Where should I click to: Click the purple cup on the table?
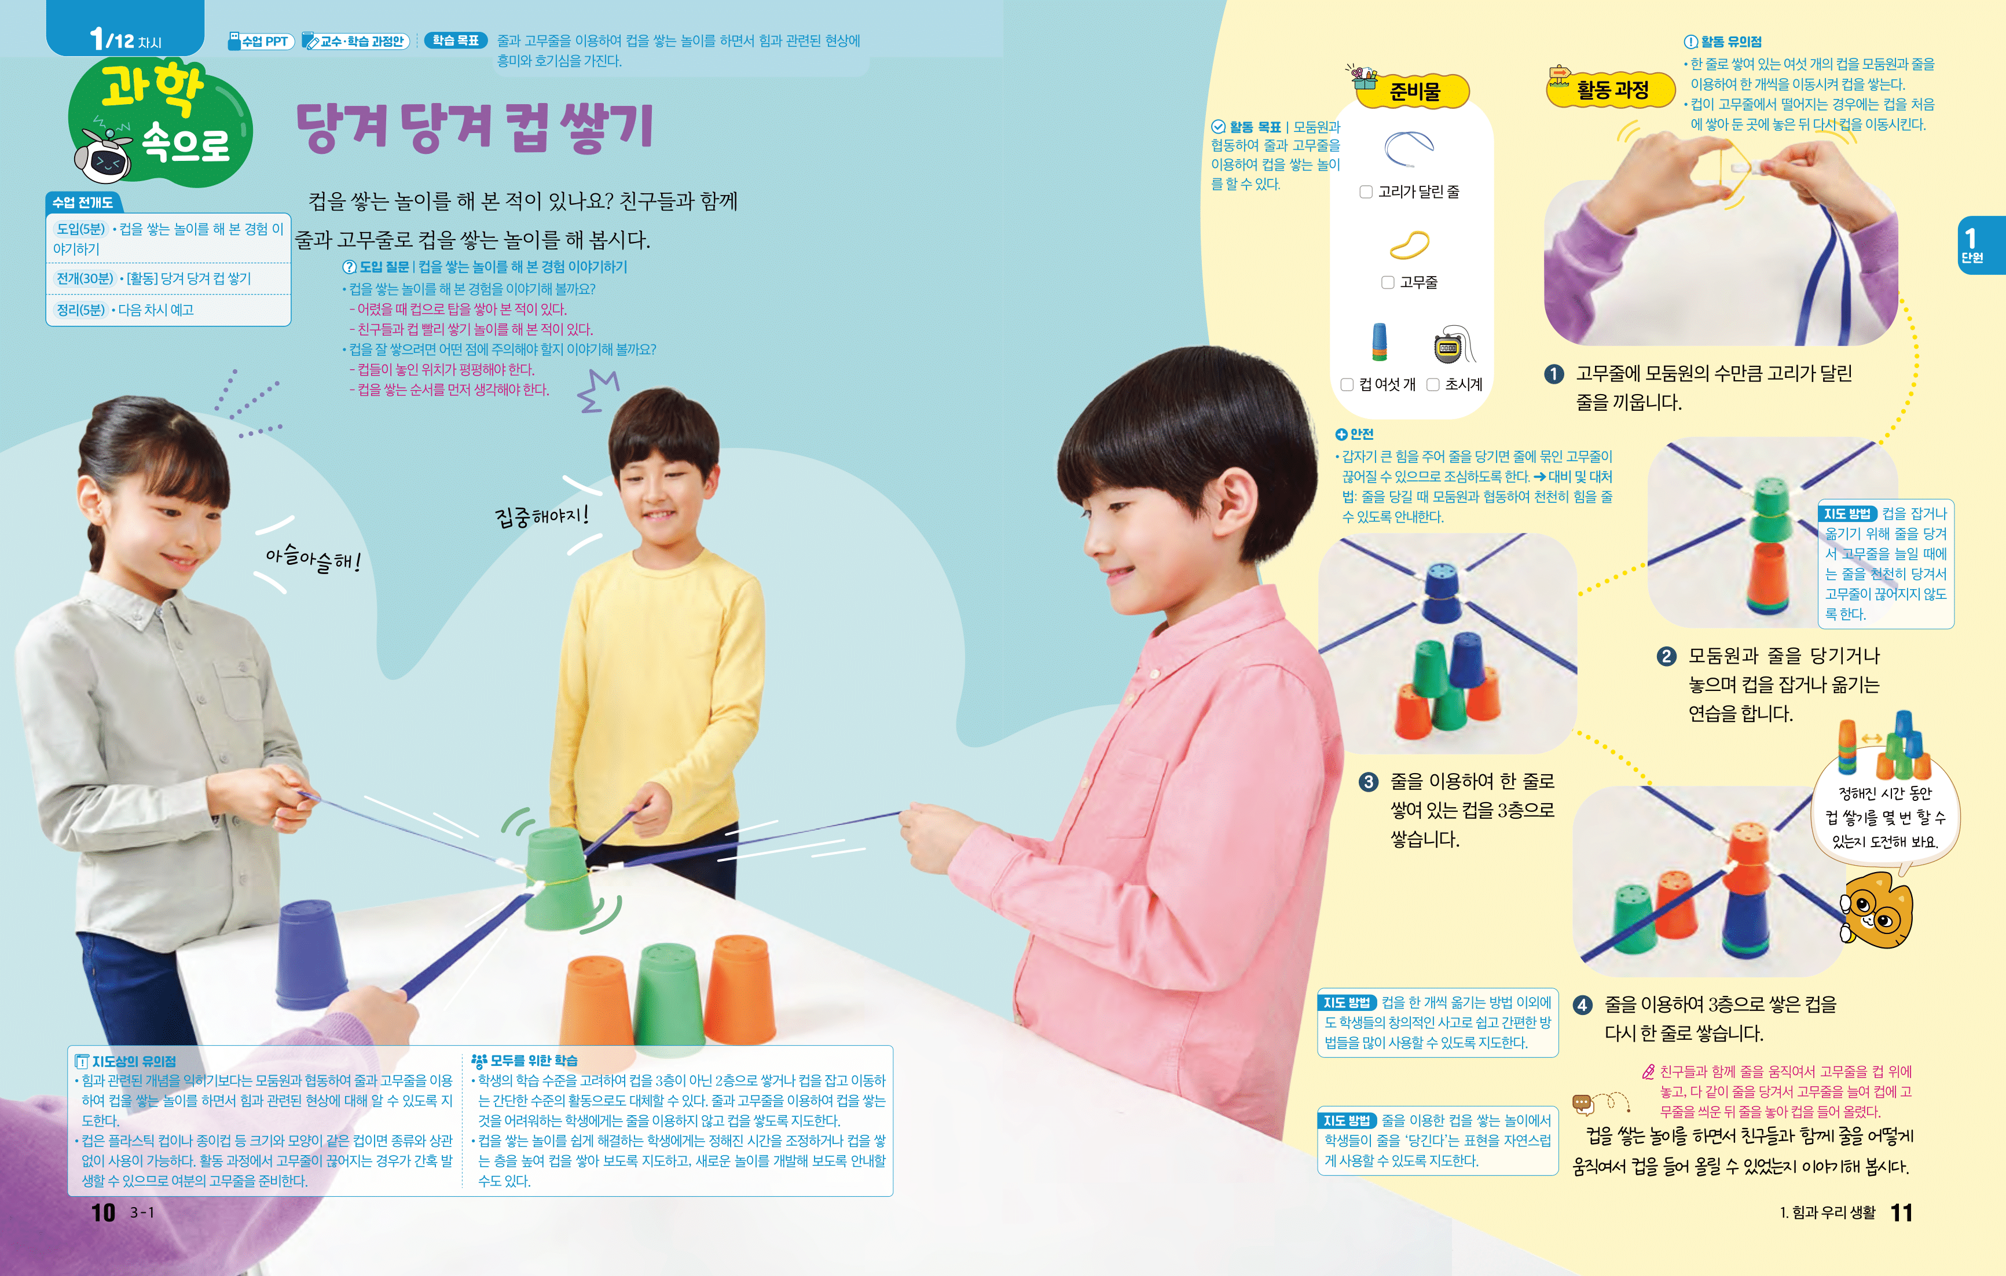[311, 954]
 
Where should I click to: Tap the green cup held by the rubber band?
[560, 878]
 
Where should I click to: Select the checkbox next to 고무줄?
[1388, 282]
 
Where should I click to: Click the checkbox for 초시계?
[1433, 384]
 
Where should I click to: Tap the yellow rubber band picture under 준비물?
[1410, 244]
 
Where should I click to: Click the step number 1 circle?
[1554, 374]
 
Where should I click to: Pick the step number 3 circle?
[1368, 782]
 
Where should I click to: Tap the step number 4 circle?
[1582, 1005]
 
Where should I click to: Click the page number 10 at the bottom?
[103, 1212]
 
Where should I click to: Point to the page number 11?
[1902, 1212]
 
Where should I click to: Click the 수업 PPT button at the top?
[261, 41]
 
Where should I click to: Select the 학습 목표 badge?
[455, 40]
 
